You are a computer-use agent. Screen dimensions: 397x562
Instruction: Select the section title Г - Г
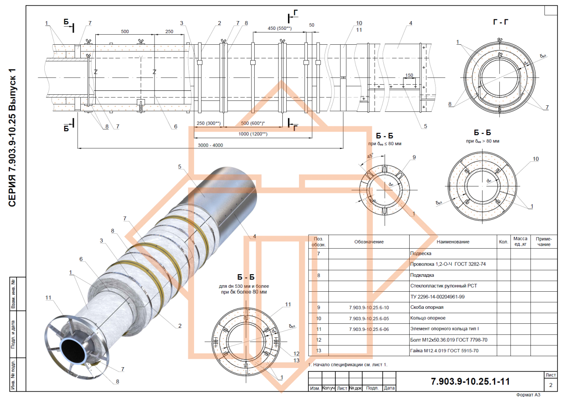[x=500, y=21]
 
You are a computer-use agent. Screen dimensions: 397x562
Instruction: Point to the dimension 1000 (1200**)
[x=252, y=134]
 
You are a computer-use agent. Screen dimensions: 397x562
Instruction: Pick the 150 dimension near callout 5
[x=410, y=75]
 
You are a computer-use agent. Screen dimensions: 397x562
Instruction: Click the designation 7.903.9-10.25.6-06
[x=369, y=329]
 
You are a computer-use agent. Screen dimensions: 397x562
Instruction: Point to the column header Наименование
[x=453, y=242]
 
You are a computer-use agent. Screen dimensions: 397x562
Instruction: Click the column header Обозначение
[x=369, y=242]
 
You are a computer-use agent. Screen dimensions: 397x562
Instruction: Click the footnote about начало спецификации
[x=348, y=364]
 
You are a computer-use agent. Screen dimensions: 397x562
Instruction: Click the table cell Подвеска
[x=421, y=254]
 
